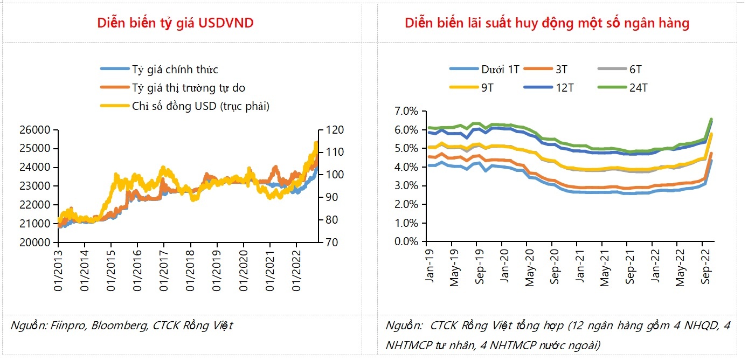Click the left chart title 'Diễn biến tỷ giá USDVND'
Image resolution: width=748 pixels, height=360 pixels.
(x=175, y=23)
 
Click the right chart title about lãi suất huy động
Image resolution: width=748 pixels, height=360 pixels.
(x=547, y=23)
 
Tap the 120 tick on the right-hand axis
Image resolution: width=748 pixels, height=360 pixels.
(x=330, y=130)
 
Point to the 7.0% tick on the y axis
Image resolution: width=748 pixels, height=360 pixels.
(x=406, y=112)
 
